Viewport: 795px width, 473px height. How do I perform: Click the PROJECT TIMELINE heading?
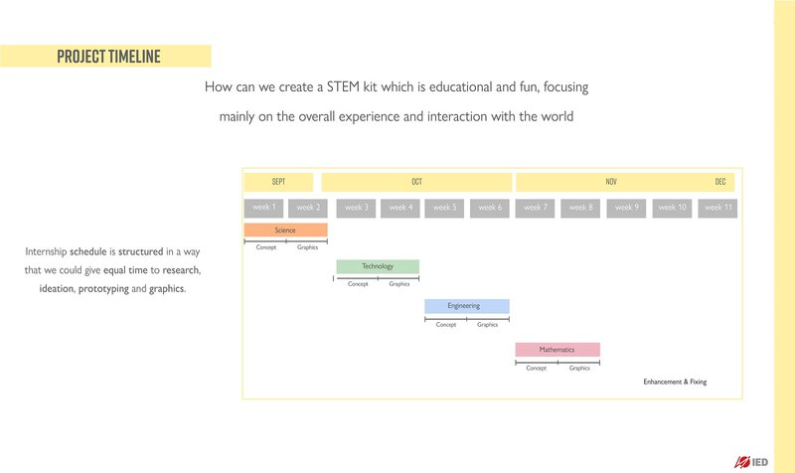pyautogui.click(x=108, y=57)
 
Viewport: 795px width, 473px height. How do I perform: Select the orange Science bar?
pyautogui.click(x=285, y=231)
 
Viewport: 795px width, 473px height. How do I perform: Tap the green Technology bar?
pyautogui.click(x=378, y=266)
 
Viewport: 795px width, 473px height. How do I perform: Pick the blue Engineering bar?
pyautogui.click(x=467, y=306)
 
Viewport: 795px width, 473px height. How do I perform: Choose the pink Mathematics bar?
pyautogui.click(x=557, y=350)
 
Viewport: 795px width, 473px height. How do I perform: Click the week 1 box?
pyautogui.click(x=263, y=208)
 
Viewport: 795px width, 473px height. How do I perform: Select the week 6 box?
pyautogui.click(x=490, y=208)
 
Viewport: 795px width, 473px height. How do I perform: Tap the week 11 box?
pyautogui.click(x=717, y=208)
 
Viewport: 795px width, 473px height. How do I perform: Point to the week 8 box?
pyautogui.click(x=580, y=208)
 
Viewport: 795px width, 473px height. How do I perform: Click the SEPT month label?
pyautogui.click(x=278, y=182)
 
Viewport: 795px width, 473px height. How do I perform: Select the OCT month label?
pyautogui.click(x=416, y=182)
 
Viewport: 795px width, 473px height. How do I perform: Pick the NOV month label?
pyautogui.click(x=611, y=182)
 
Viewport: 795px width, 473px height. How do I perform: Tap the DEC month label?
pyautogui.click(x=720, y=182)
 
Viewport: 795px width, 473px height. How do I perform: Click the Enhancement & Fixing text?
pyautogui.click(x=675, y=382)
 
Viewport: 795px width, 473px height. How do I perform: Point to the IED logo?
pyautogui.click(x=751, y=462)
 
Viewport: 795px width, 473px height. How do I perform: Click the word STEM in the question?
pyautogui.click(x=343, y=86)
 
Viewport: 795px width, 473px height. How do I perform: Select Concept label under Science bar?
pyautogui.click(x=266, y=247)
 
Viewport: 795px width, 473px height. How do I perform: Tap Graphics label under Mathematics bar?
pyautogui.click(x=579, y=368)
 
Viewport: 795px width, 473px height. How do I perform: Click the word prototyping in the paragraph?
pyautogui.click(x=103, y=289)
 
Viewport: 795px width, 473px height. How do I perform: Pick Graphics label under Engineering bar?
pyautogui.click(x=487, y=325)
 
